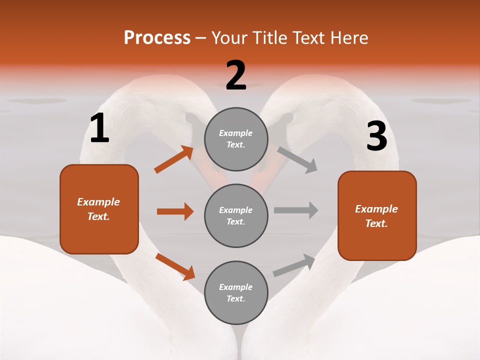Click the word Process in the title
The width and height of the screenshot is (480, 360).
(157, 38)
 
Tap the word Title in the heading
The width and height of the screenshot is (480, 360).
(270, 38)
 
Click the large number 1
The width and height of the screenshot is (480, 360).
(99, 128)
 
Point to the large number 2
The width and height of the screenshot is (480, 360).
(236, 75)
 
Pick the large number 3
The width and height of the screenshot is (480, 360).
(376, 136)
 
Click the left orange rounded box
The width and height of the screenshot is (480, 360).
(99, 209)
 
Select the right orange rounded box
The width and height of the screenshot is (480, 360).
(377, 215)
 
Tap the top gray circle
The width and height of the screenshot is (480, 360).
(236, 139)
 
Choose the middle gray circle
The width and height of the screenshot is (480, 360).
(236, 215)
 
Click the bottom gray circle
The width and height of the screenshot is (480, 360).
(236, 292)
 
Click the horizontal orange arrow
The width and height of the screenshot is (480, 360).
(175, 211)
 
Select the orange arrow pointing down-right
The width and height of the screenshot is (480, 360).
(175, 266)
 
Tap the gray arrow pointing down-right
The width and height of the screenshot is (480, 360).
(297, 160)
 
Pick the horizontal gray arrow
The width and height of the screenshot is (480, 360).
(296, 210)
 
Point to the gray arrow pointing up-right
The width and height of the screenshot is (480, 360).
(294, 265)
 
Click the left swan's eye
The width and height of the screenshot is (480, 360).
(191, 118)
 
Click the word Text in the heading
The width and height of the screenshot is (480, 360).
(308, 38)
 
